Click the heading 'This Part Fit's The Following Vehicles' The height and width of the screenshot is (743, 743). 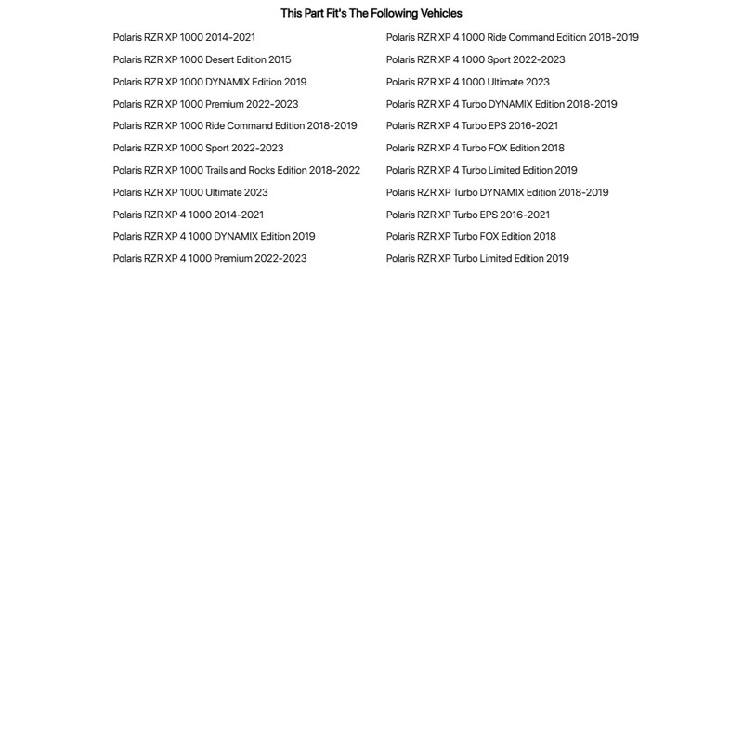tap(371, 13)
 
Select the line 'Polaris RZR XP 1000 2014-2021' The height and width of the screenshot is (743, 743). tap(184, 37)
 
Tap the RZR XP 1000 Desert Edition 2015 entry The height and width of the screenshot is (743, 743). tap(202, 59)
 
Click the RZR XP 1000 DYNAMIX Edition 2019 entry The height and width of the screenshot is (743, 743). tap(210, 82)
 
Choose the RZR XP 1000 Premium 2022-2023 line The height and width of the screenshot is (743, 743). tap(205, 104)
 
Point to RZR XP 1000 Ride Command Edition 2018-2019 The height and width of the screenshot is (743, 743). tap(235, 125)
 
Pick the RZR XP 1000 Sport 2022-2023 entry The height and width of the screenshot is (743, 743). tap(198, 148)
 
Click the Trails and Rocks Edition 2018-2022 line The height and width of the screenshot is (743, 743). tap(236, 170)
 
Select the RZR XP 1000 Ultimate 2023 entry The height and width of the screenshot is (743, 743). tap(190, 192)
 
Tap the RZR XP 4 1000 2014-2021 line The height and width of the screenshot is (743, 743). tap(189, 215)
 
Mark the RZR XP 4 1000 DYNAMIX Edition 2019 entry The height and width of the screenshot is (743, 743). tap(214, 236)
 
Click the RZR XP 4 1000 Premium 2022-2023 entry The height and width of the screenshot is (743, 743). tap(210, 258)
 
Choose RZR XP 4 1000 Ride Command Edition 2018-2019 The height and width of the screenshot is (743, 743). tap(512, 37)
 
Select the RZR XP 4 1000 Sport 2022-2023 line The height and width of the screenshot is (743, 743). tap(476, 59)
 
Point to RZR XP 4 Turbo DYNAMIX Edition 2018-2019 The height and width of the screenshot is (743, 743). tap(502, 104)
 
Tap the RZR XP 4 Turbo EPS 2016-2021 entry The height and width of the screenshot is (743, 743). tap(472, 125)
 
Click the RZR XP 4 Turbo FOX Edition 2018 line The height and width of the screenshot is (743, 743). tap(475, 148)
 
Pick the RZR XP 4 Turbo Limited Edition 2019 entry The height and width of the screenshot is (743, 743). tap(481, 170)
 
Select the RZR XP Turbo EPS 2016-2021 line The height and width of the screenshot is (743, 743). tap(468, 215)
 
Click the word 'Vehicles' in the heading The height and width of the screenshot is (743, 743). tap(441, 13)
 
